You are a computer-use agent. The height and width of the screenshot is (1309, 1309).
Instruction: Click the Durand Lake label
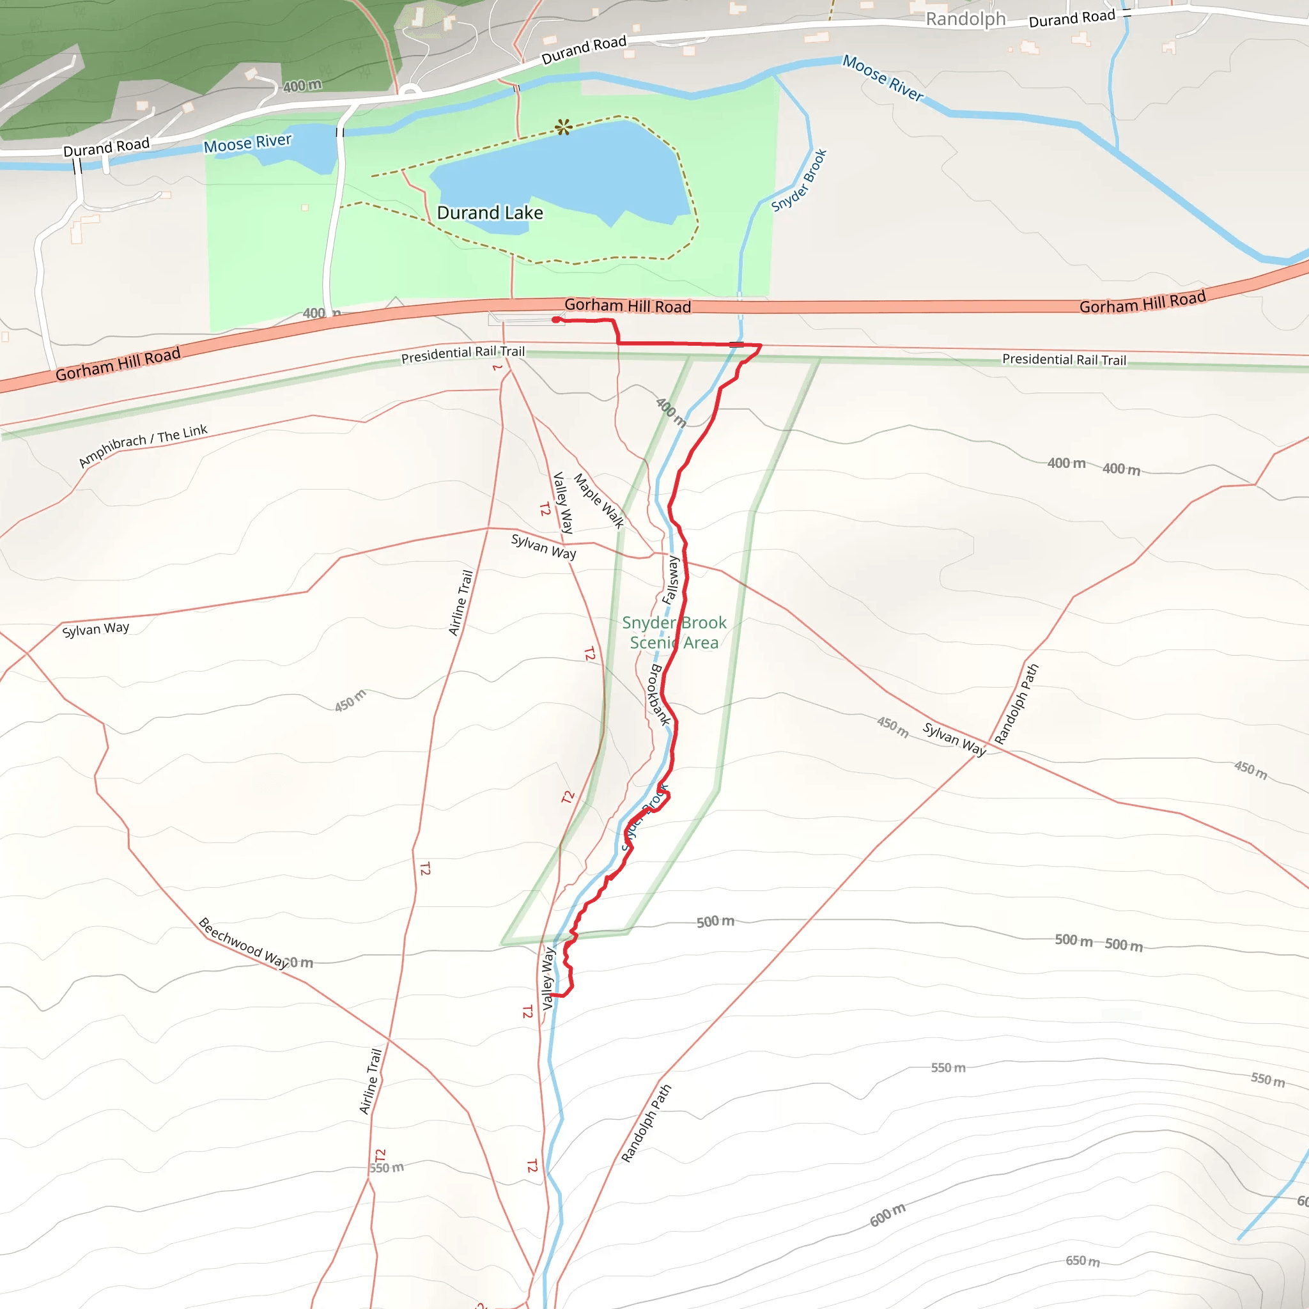click(490, 213)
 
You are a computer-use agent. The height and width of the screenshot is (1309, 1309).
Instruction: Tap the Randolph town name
click(966, 19)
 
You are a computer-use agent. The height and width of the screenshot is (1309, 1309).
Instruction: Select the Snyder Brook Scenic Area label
click(674, 632)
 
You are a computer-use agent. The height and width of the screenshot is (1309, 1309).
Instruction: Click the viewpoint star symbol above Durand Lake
click(564, 127)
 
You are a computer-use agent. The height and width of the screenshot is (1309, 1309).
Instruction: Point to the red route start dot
click(555, 320)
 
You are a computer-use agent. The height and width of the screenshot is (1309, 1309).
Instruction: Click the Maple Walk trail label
click(599, 500)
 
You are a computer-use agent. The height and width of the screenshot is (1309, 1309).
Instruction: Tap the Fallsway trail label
click(670, 580)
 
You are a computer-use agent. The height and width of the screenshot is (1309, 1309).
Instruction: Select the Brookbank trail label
click(659, 695)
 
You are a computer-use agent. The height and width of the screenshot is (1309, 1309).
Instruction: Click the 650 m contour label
click(1082, 1261)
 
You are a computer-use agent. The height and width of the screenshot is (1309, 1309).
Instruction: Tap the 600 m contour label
click(888, 1215)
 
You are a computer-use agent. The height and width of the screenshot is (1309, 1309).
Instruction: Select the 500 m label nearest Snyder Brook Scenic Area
click(715, 922)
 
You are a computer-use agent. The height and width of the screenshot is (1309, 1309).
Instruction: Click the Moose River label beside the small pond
click(247, 144)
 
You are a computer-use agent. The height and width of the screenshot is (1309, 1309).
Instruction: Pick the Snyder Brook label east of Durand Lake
click(800, 180)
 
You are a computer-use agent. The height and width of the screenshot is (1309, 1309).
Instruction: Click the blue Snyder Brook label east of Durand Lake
click(800, 180)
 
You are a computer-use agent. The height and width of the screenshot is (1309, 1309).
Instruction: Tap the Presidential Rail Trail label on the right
click(1064, 360)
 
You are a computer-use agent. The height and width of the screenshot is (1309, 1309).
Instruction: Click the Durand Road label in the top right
click(1071, 19)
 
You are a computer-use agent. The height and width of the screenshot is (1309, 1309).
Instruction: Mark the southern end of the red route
click(552, 995)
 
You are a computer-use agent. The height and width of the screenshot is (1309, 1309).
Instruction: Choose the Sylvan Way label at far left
click(95, 630)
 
